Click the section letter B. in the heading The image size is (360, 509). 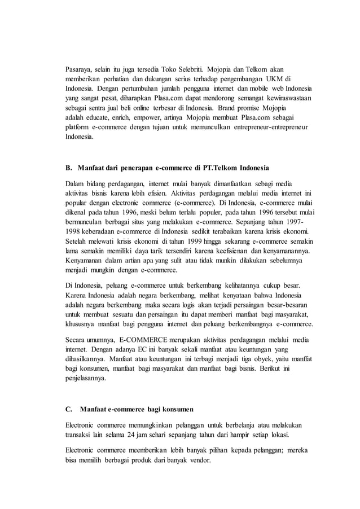coord(70,168)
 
